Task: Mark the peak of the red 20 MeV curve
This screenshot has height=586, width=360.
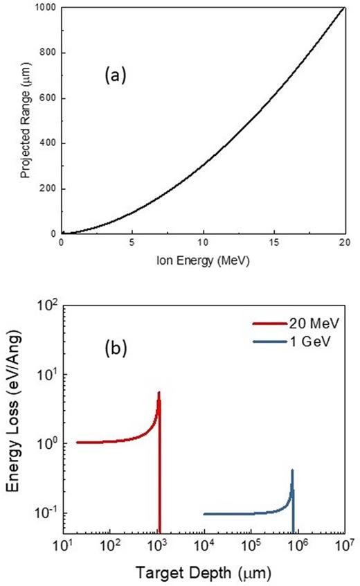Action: click(159, 392)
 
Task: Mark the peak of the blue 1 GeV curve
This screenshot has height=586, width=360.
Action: click(292, 470)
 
